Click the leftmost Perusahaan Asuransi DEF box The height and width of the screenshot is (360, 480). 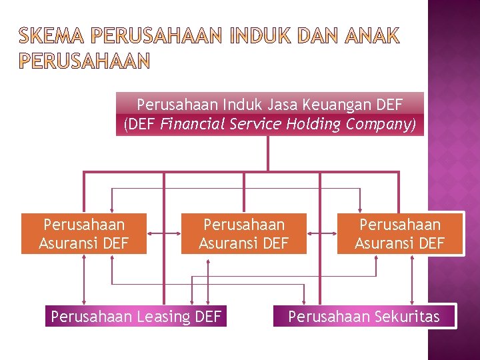(84, 234)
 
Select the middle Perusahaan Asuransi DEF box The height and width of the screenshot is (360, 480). (244, 234)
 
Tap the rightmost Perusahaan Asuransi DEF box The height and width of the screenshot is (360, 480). (400, 234)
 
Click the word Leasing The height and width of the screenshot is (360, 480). (163, 317)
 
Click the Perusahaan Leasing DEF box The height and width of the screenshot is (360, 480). (136, 316)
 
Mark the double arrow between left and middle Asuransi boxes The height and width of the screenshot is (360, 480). (165, 233)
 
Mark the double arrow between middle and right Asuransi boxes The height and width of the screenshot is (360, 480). (322, 233)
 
